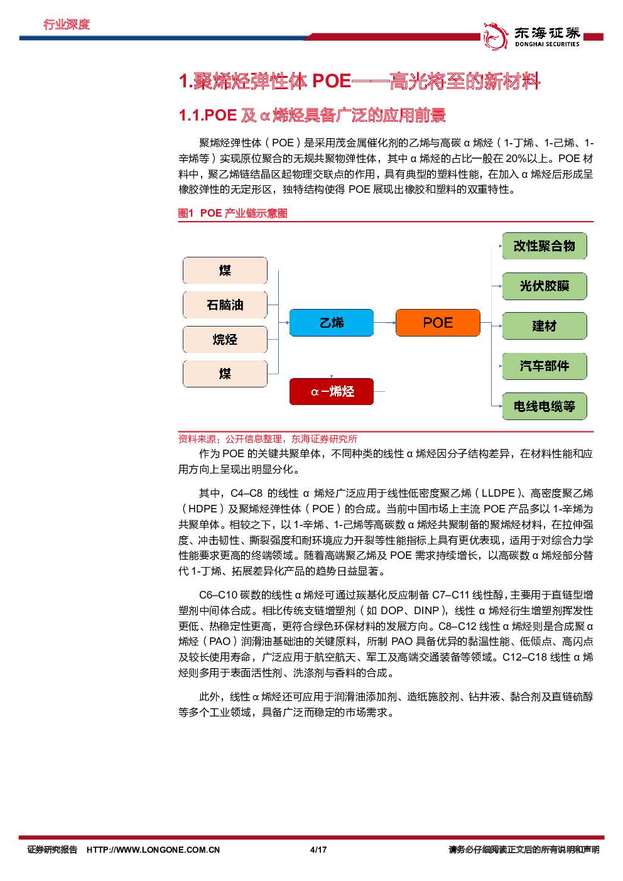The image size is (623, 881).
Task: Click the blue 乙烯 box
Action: coord(331,323)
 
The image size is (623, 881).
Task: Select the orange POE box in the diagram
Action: coord(438,323)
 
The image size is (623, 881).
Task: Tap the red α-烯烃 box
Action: coord(331,391)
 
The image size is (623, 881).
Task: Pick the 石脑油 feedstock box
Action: coord(225,305)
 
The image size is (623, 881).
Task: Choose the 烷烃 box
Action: coord(225,340)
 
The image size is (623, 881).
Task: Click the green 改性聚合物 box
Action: coord(544,246)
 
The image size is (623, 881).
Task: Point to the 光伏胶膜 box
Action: coord(544,286)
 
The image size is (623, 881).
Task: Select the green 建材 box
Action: coord(544,326)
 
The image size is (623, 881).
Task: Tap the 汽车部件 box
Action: coord(544,366)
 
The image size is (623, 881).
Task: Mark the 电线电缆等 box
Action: coord(544,406)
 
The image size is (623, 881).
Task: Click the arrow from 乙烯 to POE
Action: coord(384,323)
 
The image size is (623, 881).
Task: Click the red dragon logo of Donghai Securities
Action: coord(495,36)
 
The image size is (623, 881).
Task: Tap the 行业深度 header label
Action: coord(67,24)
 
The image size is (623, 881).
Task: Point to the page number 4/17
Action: coord(318,850)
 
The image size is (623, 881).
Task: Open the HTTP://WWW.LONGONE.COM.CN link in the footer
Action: coord(153,850)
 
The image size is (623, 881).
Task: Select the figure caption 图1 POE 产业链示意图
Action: coord(232,213)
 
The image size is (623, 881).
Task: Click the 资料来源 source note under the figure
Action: coord(268,439)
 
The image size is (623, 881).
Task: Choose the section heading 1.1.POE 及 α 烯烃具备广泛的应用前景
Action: coord(312,116)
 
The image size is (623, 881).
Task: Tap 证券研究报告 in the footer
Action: coord(52,850)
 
